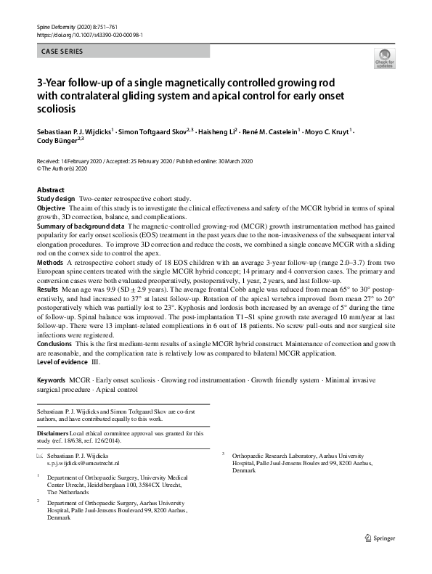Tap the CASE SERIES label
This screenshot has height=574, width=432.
pos(62,52)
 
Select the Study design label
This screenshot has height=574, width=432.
pos(56,198)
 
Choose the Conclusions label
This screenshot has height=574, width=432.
pos(55,343)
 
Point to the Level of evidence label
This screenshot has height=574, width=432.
pos(63,361)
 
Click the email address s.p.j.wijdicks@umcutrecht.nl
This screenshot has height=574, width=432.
pos(83,462)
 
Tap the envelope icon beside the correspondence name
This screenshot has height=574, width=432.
pos(40,454)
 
